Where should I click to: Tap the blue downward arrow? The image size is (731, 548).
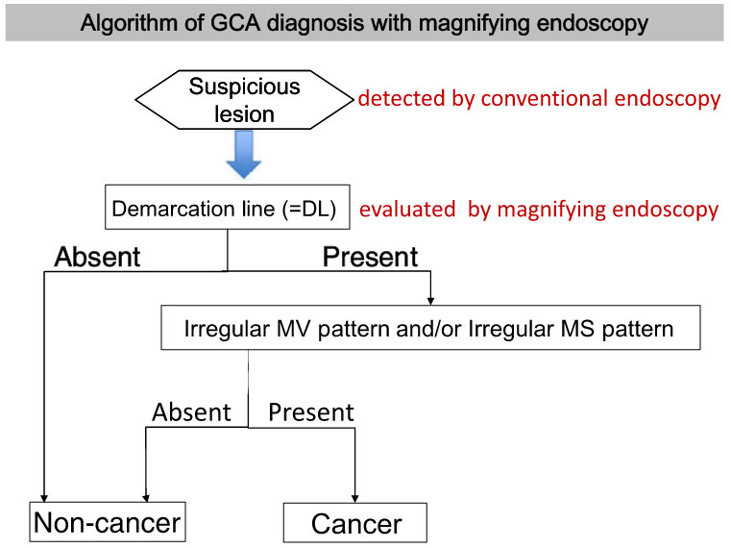pos(243,154)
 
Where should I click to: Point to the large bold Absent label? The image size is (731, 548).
pos(97,257)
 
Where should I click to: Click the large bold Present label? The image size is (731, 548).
pos(371,257)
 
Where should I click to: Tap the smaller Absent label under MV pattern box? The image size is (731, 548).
pos(191,412)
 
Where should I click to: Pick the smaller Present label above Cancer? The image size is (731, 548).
pos(311,412)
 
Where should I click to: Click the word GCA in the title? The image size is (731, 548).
pos(235,23)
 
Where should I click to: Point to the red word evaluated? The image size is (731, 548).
pos(407,210)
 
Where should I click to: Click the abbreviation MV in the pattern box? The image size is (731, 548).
pos(293,329)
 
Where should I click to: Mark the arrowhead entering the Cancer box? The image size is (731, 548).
pos(355,499)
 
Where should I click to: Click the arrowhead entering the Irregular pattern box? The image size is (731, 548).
pos(430,301)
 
